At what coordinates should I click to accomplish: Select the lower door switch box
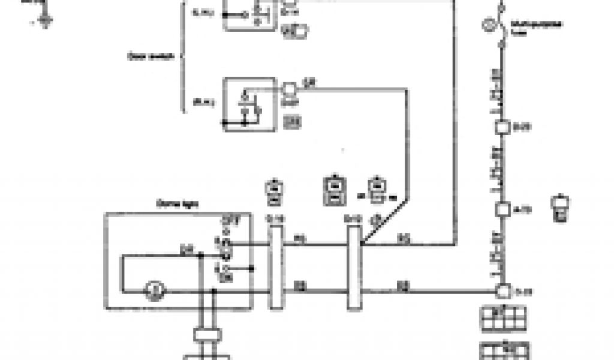coord(249,103)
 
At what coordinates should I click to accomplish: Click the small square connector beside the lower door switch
coord(289,89)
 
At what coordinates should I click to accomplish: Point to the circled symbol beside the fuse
coord(488,25)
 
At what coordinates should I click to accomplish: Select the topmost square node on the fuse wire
coord(502,128)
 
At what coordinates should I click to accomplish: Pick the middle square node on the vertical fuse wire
coord(502,210)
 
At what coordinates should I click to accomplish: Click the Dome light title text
coord(171,204)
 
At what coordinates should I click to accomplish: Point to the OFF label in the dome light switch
coord(227,220)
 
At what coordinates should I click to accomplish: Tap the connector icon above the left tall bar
coord(274,190)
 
